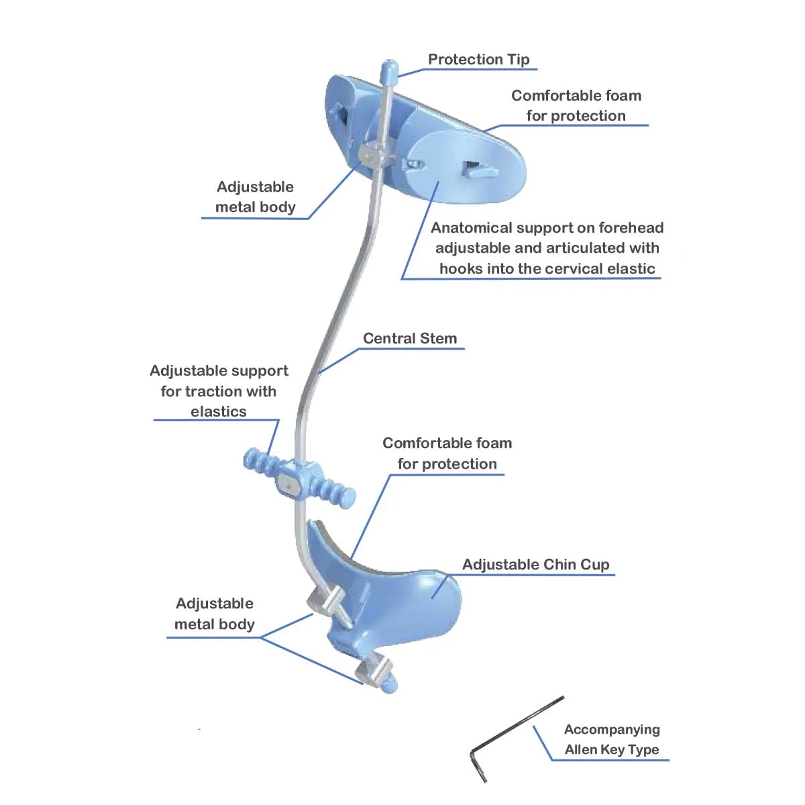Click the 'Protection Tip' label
tap(478, 60)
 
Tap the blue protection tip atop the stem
tap(389, 70)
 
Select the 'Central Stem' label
tap(409, 339)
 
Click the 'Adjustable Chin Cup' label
tap(535, 565)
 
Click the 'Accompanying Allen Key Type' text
tap(612, 739)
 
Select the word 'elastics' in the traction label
tap(218, 411)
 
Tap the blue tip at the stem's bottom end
tap(390, 686)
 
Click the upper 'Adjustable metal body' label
tap(255, 197)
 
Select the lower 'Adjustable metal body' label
tap(215, 614)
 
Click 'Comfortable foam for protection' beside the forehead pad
tap(576, 105)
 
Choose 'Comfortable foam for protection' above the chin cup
tap(447, 453)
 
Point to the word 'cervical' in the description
tap(571, 269)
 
